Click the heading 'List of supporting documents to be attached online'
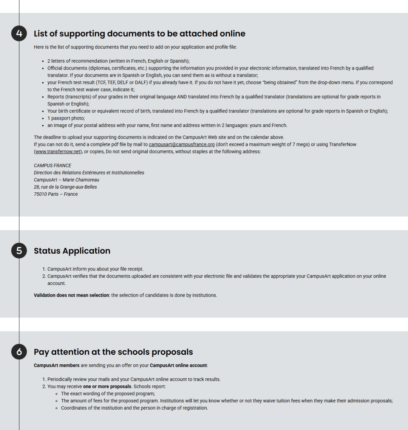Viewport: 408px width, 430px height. point(139,34)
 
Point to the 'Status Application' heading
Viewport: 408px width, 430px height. point(72,251)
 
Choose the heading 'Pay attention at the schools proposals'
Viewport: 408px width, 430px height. point(113,352)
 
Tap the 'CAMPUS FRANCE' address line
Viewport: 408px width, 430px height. point(53,166)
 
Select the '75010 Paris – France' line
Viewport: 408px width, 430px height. point(56,194)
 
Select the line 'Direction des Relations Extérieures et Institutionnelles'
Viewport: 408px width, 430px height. point(89,173)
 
